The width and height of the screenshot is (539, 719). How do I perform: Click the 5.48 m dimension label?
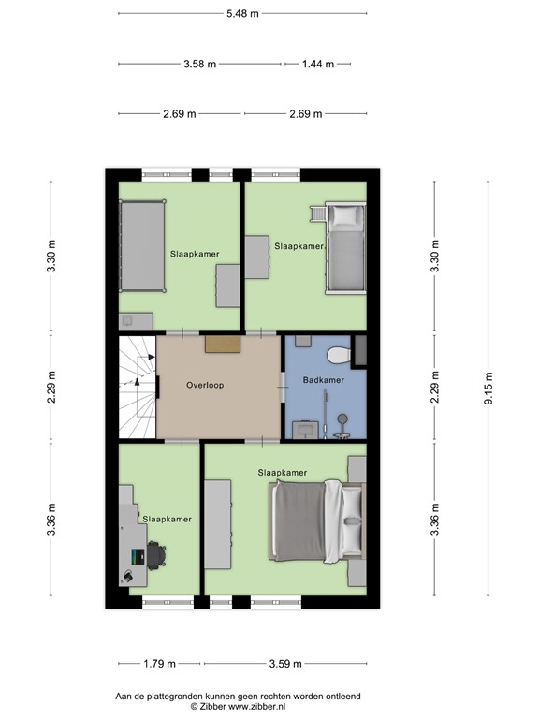[x=242, y=14]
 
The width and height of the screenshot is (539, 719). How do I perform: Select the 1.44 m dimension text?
[x=317, y=64]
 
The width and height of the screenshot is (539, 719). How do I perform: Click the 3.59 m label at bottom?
[x=284, y=664]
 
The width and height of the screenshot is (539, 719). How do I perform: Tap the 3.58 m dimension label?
[x=199, y=64]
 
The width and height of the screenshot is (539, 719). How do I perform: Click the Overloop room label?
[x=204, y=385]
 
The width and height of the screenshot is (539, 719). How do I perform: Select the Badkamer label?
[x=323, y=380]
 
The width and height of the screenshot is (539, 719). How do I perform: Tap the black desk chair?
[x=156, y=555]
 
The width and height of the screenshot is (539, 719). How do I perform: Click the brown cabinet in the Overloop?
[x=223, y=345]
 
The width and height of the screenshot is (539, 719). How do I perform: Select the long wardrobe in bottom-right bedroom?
[x=218, y=523]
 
